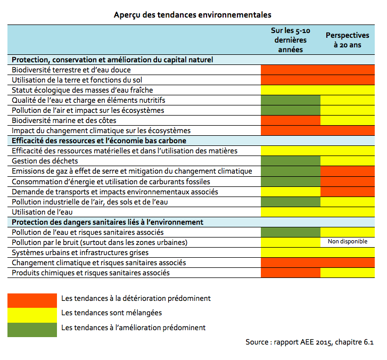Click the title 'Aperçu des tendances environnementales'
193,14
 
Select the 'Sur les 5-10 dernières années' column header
290,40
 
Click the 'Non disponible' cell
347,242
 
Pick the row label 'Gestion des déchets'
45,161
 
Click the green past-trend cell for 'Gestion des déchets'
291,161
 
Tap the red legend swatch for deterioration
32,299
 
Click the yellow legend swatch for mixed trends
32,313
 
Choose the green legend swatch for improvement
32,328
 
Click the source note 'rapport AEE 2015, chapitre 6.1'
310,342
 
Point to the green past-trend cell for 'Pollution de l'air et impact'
291,110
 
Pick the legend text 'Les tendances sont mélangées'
112,313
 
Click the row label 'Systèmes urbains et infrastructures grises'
80,252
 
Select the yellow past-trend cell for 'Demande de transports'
291,191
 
